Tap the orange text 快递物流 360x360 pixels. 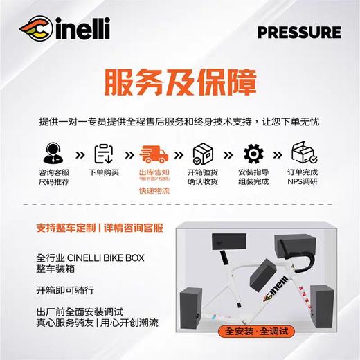pos(154,190)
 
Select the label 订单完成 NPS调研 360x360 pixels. pos(303,176)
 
